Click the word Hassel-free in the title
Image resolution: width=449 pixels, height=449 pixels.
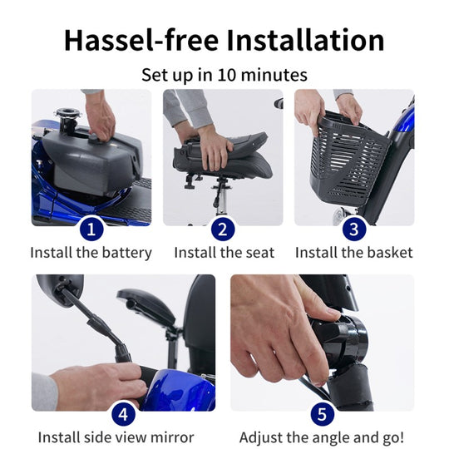(x=142, y=40)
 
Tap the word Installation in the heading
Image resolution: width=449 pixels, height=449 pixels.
(x=305, y=40)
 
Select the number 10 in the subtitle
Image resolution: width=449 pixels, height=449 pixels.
(x=227, y=75)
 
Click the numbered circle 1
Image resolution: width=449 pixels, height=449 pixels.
(x=91, y=229)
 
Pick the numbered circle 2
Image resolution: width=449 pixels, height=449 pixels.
(x=223, y=229)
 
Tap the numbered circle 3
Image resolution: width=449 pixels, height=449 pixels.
(x=354, y=229)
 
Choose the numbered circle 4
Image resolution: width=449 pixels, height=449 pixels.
(x=123, y=414)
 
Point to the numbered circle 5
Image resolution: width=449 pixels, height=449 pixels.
(x=322, y=414)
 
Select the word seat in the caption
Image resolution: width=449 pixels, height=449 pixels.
(x=259, y=253)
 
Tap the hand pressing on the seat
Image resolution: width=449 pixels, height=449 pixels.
(x=215, y=149)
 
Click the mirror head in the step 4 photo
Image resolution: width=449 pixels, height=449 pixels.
(x=60, y=289)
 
